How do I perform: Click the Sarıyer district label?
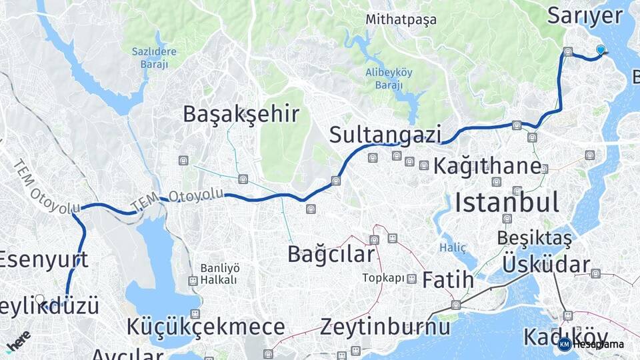click(584, 15)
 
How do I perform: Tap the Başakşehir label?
click(241, 114)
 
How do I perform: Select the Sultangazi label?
click(385, 135)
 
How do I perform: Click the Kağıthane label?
click(487, 166)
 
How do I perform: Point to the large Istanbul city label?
click(507, 201)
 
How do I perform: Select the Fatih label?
click(448, 279)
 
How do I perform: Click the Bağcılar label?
click(331, 253)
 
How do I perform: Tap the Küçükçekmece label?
click(206, 327)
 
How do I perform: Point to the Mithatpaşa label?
click(401, 19)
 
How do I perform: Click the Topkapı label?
click(383, 277)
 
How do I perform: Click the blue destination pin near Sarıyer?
click(601, 50)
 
